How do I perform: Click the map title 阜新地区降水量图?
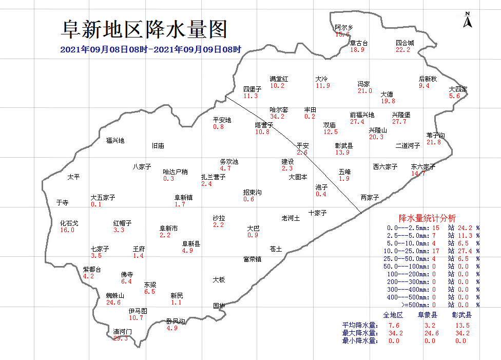(x=144, y=29)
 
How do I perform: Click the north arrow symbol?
(x=468, y=21)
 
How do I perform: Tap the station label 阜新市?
(x=169, y=228)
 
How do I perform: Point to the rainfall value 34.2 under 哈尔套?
(x=277, y=117)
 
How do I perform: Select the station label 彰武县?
(x=344, y=146)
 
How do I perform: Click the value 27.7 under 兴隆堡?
(x=399, y=122)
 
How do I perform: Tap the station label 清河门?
(x=122, y=331)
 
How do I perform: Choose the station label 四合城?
(x=404, y=43)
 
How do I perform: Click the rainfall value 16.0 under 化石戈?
(x=67, y=230)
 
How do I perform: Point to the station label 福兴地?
(x=115, y=140)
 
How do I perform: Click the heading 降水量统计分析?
(x=427, y=218)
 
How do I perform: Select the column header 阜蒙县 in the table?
(x=427, y=315)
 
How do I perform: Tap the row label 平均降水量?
(x=360, y=325)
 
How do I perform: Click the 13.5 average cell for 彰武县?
(x=461, y=325)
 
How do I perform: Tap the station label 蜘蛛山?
(x=115, y=296)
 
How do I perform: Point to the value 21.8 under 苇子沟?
(x=434, y=142)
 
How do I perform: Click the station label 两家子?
(x=370, y=197)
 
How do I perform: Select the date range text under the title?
(x=150, y=50)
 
